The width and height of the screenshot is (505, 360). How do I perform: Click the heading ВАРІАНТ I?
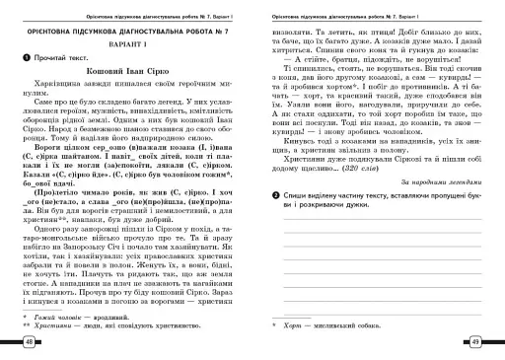pyautogui.click(x=125, y=46)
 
